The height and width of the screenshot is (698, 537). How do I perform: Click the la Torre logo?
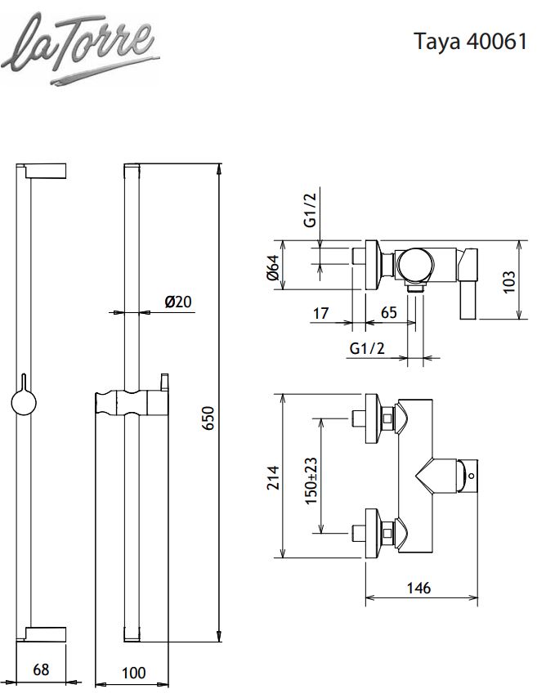(x=79, y=48)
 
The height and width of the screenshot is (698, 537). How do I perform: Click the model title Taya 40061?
(x=471, y=42)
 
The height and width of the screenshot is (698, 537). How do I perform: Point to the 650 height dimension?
(x=208, y=418)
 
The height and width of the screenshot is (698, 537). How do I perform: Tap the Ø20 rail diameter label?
(x=178, y=302)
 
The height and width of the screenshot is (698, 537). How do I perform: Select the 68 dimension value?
(x=41, y=669)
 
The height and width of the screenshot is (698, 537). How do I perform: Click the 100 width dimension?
(x=133, y=673)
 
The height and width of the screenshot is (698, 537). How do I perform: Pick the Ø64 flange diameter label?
(x=272, y=267)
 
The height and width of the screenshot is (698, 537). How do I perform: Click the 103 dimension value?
(x=508, y=282)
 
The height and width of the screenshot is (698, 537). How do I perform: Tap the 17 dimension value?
(x=320, y=313)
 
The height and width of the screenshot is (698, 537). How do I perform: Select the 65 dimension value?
(x=389, y=312)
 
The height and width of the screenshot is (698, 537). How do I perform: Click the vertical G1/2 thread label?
(x=311, y=210)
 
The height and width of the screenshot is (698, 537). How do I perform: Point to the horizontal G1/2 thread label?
(x=367, y=348)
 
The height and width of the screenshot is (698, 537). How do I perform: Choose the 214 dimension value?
(x=273, y=477)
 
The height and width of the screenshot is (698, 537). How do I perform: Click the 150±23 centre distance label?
(x=311, y=481)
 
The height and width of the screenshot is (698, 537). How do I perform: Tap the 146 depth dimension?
(x=418, y=588)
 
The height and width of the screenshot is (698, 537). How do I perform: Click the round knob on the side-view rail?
(x=24, y=402)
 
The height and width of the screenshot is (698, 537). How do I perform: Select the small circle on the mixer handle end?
(x=472, y=477)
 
